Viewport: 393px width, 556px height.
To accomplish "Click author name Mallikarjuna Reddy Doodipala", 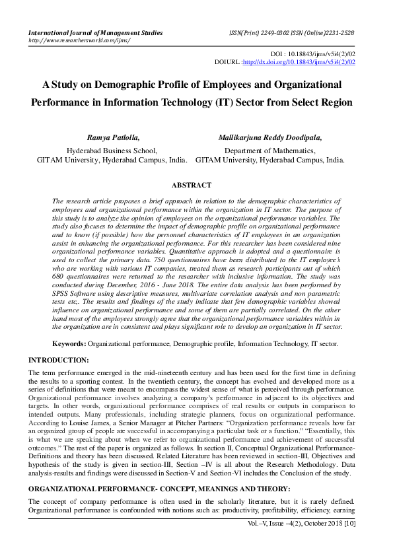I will [270, 137].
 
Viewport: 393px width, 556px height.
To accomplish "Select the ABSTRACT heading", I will [192, 186].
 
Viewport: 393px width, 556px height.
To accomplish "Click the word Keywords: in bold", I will [69, 344].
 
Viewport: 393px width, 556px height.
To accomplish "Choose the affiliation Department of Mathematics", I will [270, 150].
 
